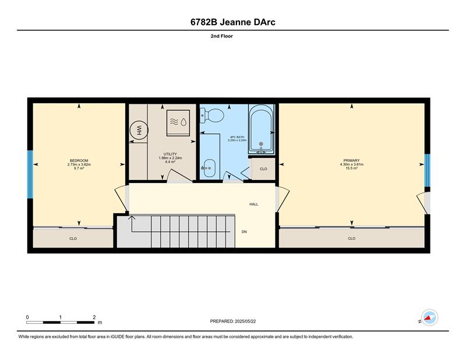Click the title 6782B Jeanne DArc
[232, 22]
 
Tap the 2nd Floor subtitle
[222, 36]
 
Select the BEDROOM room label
[79, 161]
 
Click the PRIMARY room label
[352, 161]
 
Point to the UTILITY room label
[170, 154]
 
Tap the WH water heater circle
[139, 130]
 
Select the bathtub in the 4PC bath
[261, 129]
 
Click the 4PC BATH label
[237, 137]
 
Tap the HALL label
[254, 204]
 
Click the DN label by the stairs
[244, 232]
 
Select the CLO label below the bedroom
[73, 239]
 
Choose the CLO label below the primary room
[352, 238]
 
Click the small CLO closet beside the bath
[263, 169]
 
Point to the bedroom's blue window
[30, 175]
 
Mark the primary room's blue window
[427, 170]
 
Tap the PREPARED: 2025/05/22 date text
[233, 322]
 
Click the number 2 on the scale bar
[94, 317]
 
